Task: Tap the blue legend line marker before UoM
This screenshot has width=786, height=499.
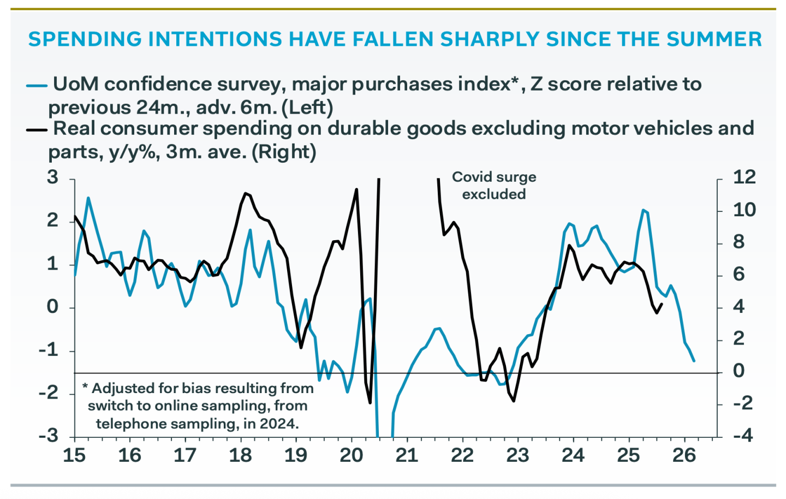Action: click(37, 85)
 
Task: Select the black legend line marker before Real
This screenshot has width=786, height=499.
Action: click(37, 130)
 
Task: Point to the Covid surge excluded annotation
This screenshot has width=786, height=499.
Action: click(494, 186)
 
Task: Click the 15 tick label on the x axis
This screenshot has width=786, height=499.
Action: click(74, 455)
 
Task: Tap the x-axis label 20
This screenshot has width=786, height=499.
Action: click(351, 455)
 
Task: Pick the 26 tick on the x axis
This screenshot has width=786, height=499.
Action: click(684, 455)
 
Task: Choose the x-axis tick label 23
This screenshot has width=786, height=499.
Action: click(517, 455)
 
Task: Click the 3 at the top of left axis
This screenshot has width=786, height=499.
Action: click(52, 177)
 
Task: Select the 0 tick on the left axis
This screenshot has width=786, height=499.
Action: click(52, 307)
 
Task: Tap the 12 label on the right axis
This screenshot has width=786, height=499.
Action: click(744, 177)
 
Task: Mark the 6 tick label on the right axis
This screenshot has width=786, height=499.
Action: click(739, 274)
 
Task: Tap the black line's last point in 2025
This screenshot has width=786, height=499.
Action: click(662, 304)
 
